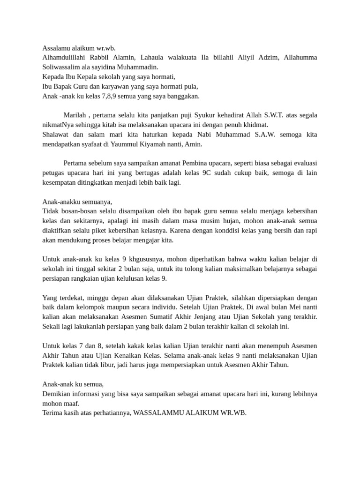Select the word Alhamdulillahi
click(x=64, y=58)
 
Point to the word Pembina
click(x=214, y=163)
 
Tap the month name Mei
click(x=293, y=307)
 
